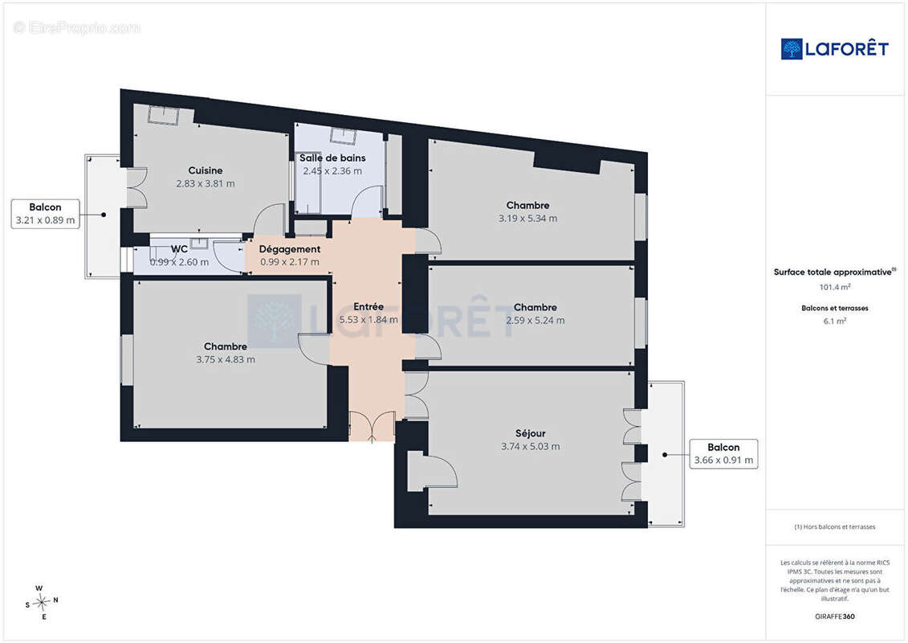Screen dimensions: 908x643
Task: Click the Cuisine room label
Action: point(206,170)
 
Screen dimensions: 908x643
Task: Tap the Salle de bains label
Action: point(332,158)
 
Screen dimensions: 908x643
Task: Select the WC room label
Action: point(179,249)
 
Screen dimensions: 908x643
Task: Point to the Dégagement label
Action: point(290,249)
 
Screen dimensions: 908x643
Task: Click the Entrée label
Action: point(368,307)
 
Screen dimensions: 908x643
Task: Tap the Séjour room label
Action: point(531,433)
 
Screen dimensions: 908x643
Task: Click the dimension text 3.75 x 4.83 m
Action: point(226,359)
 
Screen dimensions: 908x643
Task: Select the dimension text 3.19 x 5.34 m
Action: point(527,219)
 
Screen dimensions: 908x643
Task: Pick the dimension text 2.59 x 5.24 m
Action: point(535,321)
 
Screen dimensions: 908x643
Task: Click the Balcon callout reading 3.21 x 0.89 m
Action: point(45,214)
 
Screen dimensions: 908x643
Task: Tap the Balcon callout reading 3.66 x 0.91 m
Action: point(723,454)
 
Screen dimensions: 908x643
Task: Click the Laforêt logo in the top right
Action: point(834,49)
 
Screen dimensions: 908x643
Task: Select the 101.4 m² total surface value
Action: point(834,287)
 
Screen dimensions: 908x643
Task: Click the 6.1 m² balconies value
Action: point(834,321)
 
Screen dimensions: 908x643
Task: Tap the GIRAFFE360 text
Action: point(834,616)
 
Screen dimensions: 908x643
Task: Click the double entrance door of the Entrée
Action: point(372,427)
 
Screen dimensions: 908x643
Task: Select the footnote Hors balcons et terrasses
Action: point(834,527)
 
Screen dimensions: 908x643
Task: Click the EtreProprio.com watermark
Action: point(76,27)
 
